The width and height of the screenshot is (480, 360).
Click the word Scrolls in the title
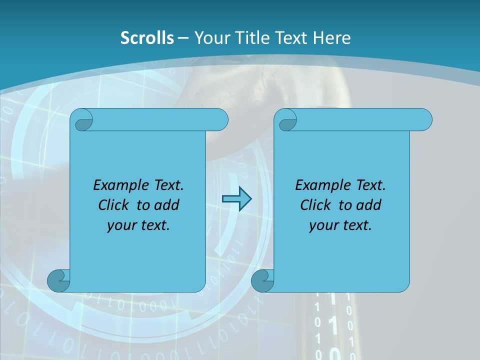tap(147, 38)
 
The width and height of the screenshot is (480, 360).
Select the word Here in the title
tap(331, 38)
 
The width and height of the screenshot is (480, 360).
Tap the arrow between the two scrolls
tap(236, 199)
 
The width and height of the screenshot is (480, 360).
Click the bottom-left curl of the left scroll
tap(58, 281)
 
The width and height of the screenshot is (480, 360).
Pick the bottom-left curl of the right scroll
tap(262, 281)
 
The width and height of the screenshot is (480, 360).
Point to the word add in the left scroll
tap(168, 205)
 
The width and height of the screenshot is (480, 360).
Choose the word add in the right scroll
tap(370, 205)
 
